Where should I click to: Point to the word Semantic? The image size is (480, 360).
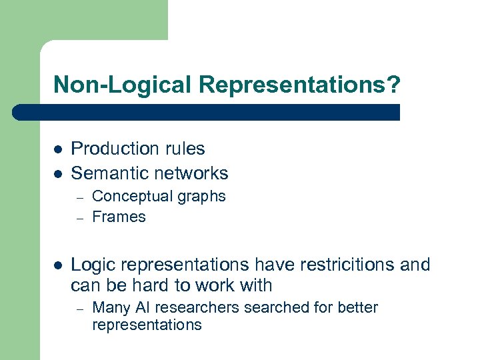[x=109, y=173]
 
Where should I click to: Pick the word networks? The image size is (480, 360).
[x=190, y=173]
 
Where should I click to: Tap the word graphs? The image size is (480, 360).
[x=203, y=197]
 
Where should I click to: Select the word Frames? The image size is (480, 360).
[x=119, y=217]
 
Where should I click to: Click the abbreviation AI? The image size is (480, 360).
[x=143, y=308]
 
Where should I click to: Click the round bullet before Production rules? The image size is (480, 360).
[x=57, y=149]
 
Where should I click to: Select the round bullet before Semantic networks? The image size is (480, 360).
[x=57, y=174]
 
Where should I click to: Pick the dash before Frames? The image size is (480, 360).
[x=79, y=217]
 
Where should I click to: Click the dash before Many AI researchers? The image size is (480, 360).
[x=79, y=309]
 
